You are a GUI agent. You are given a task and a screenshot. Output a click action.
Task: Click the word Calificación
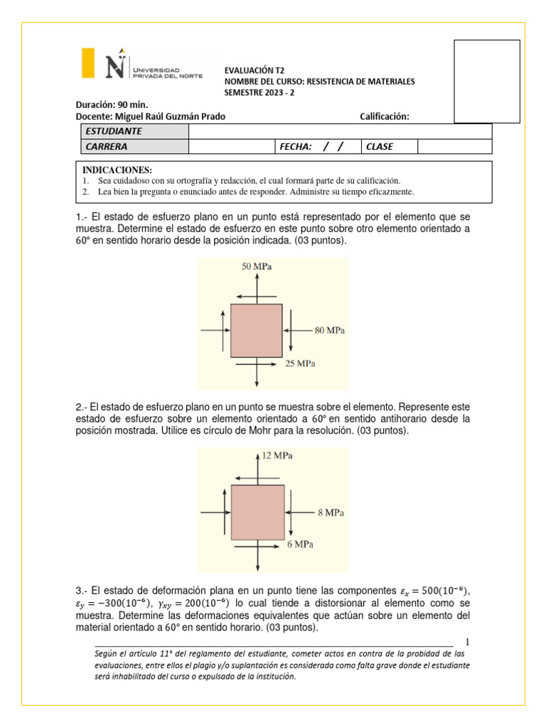click(x=385, y=116)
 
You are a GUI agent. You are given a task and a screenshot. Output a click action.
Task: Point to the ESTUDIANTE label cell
click(x=114, y=131)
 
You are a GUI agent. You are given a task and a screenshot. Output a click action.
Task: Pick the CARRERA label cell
click(x=107, y=146)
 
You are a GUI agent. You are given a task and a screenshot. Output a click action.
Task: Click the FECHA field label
click(x=296, y=146)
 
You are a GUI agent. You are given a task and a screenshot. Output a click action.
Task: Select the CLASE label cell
click(x=380, y=146)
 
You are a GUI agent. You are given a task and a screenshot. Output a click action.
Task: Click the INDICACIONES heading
click(x=117, y=170)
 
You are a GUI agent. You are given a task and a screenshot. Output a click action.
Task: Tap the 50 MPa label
click(x=257, y=267)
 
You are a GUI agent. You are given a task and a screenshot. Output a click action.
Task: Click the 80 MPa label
click(x=330, y=330)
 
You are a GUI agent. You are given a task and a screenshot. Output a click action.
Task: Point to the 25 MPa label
click(x=300, y=363)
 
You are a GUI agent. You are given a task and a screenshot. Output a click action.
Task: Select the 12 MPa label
click(x=277, y=455)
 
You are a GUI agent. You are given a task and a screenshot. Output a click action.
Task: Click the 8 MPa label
click(x=330, y=511)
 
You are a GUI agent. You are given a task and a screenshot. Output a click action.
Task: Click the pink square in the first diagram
click(x=257, y=330)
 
